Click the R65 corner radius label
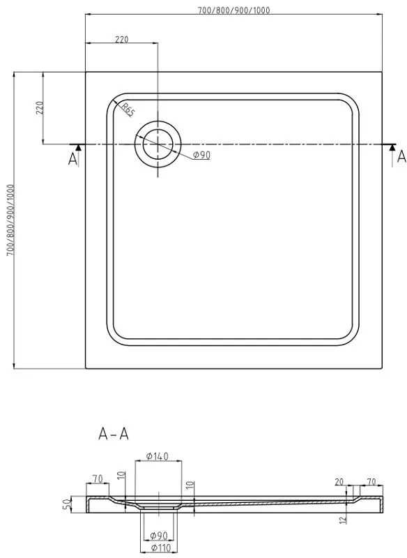pos(128,110)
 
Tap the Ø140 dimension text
pos(157,456)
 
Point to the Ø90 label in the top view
pos(201,155)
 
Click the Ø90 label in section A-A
pos(158,535)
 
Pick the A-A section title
pos(114,434)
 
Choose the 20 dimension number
pos(339,482)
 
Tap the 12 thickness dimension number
pos(343,519)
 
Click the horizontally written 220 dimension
pos(121,39)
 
